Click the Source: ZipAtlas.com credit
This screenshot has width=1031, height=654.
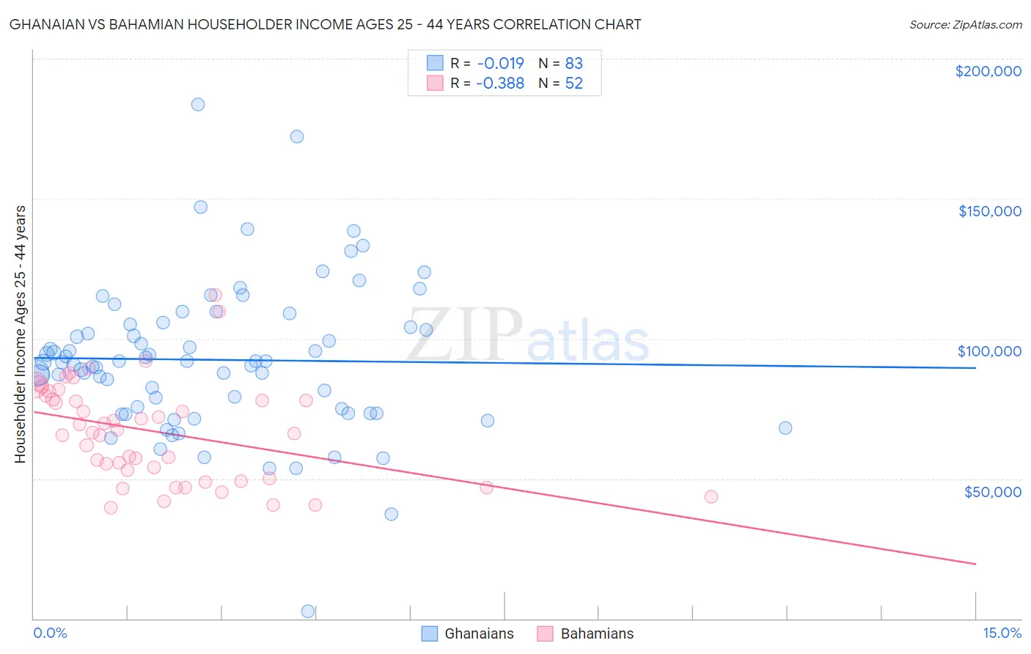965,24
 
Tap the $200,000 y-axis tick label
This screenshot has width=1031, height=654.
988,71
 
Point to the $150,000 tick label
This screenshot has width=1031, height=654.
989,211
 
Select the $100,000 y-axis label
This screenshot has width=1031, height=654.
989,351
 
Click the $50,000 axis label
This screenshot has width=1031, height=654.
992,491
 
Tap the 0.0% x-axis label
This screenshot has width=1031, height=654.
50,633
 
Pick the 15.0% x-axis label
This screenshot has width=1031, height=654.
1001,633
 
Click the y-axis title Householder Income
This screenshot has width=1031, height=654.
20,334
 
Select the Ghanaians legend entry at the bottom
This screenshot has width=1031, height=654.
468,633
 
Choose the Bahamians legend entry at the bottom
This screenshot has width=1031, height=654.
585,633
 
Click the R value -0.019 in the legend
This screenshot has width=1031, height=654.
500,63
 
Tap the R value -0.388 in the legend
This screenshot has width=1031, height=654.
500,83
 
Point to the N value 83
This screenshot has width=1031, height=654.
573,63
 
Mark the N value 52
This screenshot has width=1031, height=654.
573,83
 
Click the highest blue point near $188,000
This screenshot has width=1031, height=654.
198,104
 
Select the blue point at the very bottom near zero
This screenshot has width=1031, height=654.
308,611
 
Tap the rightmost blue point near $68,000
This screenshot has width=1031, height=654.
785,427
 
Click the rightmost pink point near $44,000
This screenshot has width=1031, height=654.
711,496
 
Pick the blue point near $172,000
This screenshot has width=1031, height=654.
297,136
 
